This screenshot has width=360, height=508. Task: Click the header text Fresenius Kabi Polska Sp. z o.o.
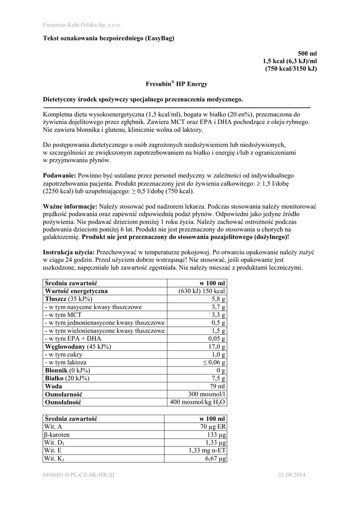[x=82, y=24]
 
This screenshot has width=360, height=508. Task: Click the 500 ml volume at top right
[x=307, y=53]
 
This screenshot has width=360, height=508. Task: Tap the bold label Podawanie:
[x=60, y=176]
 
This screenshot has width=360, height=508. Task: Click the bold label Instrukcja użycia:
[x=69, y=252]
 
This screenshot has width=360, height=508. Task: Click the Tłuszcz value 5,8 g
[x=218, y=299]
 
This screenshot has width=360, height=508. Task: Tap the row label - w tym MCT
[x=62, y=315]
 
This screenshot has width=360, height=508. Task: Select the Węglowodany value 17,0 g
[x=216, y=347]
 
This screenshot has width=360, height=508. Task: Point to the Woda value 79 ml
[x=217, y=386]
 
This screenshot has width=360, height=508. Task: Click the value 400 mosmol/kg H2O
[x=198, y=402]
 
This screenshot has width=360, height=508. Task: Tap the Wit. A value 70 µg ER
[x=213, y=427]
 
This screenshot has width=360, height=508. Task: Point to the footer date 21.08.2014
[x=292, y=476]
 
